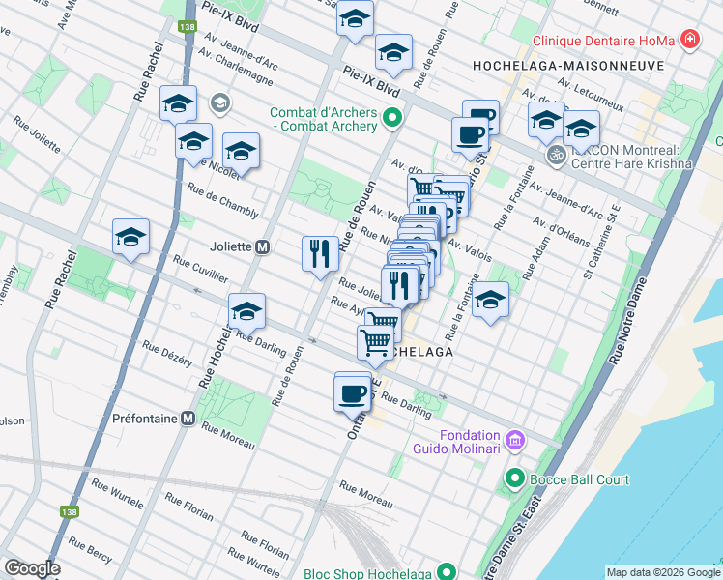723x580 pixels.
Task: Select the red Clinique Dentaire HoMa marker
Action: [x=690, y=40]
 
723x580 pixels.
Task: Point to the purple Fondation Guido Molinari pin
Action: [x=514, y=441]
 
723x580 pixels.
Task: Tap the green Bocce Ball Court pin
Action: [x=514, y=478]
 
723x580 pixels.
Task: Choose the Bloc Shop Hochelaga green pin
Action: [x=446, y=572]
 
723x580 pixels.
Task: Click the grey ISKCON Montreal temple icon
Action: [x=556, y=155]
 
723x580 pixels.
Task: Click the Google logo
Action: [x=31, y=568]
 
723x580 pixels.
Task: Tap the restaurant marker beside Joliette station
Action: [x=320, y=254]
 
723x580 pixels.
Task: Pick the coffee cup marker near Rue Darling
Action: [x=353, y=392]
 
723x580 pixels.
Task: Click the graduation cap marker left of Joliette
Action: [x=131, y=237]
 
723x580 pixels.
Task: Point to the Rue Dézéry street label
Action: [x=167, y=352]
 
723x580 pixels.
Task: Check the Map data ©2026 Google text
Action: [x=662, y=572]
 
